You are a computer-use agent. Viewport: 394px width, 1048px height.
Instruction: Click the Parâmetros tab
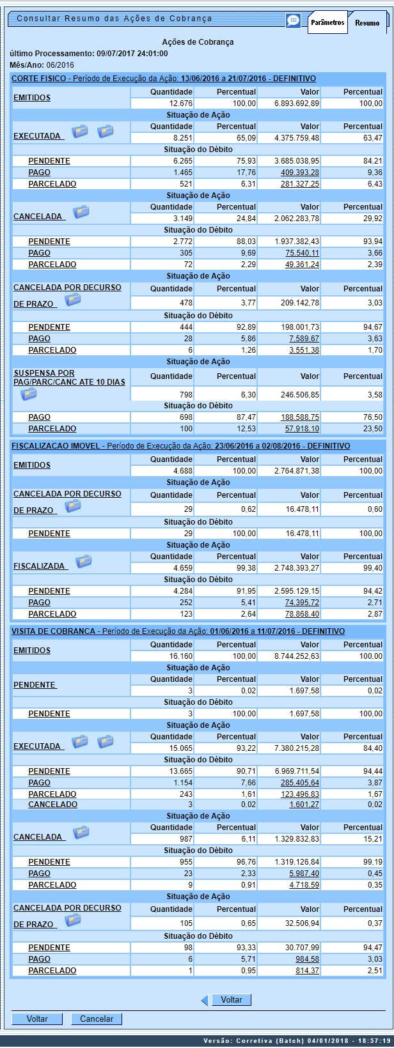coord(327,22)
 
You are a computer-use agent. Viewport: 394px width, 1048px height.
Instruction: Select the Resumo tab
coord(367,23)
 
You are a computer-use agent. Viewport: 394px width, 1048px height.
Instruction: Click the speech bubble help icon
coord(293,20)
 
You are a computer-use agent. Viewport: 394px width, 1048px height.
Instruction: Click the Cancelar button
coord(97,1019)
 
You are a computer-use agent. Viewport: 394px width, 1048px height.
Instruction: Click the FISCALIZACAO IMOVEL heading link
coord(56,446)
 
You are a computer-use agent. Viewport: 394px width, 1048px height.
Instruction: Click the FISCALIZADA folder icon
coord(84,562)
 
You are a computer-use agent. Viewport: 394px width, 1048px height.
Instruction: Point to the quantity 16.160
coord(180,656)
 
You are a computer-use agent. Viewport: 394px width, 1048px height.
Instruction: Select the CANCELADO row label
coord(52,805)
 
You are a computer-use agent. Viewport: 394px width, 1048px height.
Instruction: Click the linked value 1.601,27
coord(304,805)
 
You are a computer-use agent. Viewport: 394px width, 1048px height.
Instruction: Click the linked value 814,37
coord(307,971)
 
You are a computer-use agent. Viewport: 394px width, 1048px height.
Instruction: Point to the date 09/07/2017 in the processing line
coord(116,54)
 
